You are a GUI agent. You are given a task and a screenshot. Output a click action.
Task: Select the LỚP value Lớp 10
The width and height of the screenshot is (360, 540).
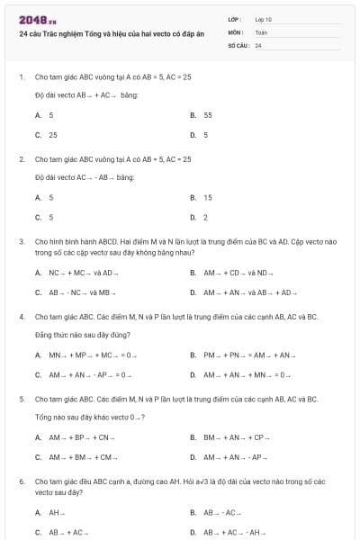tap(264, 18)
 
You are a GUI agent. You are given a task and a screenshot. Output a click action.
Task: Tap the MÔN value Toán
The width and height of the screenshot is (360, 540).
tap(261, 31)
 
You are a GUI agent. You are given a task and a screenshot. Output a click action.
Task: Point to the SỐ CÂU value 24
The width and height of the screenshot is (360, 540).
tap(258, 45)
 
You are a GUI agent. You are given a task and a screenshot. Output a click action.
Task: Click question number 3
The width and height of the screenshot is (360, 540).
tap(21, 242)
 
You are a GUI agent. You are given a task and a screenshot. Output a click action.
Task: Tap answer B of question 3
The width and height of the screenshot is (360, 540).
tap(238, 273)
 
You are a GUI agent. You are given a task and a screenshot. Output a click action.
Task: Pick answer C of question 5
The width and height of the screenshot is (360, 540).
tap(82, 457)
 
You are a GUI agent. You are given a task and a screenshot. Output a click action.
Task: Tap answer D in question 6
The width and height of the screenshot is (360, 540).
tap(235, 532)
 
